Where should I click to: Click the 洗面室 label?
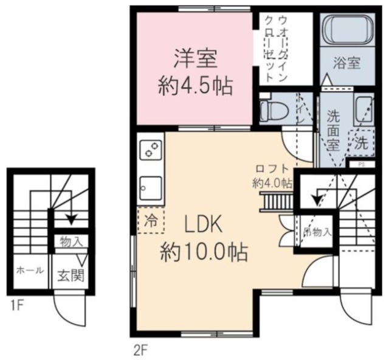tap(333, 130)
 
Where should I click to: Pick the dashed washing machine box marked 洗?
tap(362, 143)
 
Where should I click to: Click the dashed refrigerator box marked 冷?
tap(150, 221)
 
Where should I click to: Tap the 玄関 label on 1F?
tap(71, 274)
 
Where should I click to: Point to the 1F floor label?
tap(16, 305)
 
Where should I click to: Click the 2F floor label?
tap(140, 350)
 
